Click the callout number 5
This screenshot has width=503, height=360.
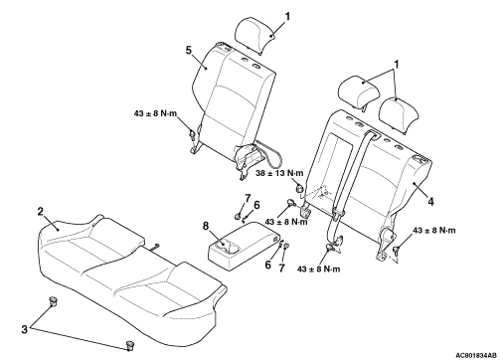pyautogui.click(x=189, y=51)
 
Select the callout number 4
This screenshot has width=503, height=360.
pyautogui.click(x=430, y=202)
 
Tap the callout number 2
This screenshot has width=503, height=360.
pyautogui.click(x=41, y=212)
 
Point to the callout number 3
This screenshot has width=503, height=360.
pyautogui.click(x=24, y=329)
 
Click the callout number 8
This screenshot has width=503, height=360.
pyautogui.click(x=206, y=226)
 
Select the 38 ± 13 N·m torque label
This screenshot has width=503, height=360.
pyautogui.click(x=280, y=173)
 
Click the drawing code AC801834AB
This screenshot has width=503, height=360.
pyautogui.click(x=476, y=355)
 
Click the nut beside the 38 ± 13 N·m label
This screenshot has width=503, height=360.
pyautogui.click(x=299, y=189)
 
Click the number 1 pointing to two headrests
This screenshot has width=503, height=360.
pyautogui.click(x=396, y=65)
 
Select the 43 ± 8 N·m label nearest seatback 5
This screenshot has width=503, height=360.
pyautogui.click(x=155, y=113)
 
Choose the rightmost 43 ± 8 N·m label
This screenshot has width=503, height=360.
pyautogui.click(x=434, y=230)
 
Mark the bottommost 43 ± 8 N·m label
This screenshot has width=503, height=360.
pyautogui.click(x=319, y=269)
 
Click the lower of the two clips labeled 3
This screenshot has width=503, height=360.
pyautogui.click(x=130, y=345)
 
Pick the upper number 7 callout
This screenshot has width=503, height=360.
pyautogui.click(x=248, y=198)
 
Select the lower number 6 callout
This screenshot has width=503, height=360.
pyautogui.click(x=268, y=265)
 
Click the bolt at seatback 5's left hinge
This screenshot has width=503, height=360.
pyautogui.click(x=192, y=134)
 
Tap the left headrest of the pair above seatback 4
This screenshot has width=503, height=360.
pyautogui.click(x=360, y=90)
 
